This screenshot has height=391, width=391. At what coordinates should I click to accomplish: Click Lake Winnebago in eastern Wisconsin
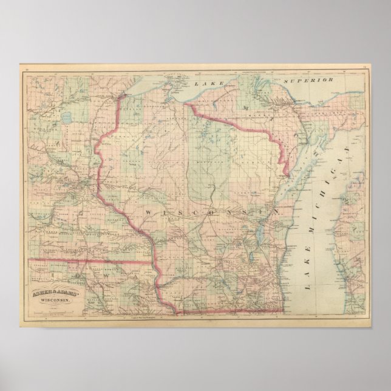259,233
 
